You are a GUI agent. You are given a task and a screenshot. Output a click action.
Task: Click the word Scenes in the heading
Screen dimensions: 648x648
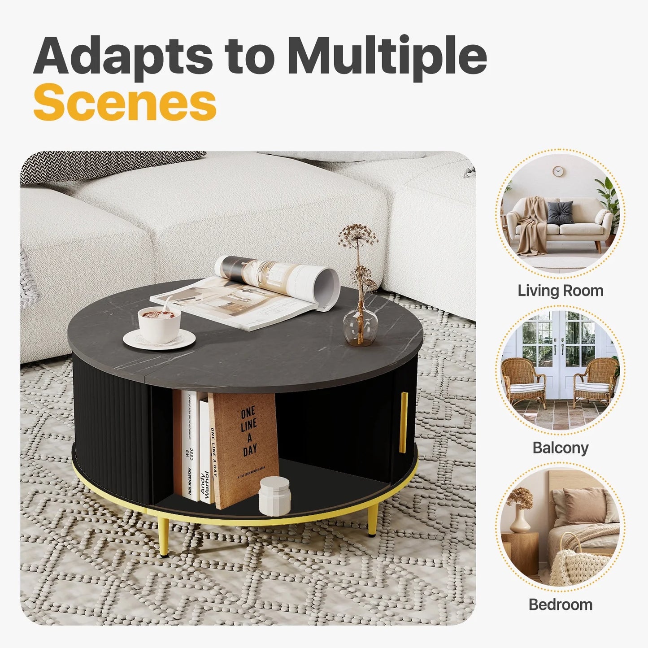(125, 103)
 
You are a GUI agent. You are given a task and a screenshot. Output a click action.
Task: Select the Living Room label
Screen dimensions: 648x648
(560, 291)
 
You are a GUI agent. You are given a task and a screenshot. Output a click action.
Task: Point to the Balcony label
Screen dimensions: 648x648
(560, 448)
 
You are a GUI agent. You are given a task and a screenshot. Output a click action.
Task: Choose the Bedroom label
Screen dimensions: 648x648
(560, 605)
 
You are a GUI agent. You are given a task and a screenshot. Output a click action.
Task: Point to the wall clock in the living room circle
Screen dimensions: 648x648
(557, 171)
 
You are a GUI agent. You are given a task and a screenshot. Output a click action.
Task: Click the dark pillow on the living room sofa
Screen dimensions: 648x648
(560, 211)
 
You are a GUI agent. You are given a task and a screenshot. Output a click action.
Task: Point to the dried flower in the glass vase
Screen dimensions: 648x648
(358, 238)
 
